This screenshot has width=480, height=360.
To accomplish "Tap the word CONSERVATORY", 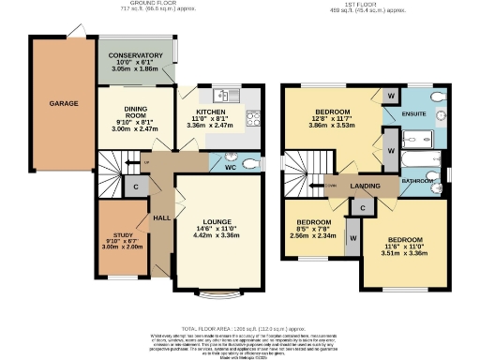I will point(137,55).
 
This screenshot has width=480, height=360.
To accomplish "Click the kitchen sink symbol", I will point(226,95).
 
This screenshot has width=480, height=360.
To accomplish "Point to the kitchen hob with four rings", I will point(252,117).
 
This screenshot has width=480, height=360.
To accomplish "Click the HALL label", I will point(162,217).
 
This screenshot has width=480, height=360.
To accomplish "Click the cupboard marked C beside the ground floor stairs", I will point(137,187).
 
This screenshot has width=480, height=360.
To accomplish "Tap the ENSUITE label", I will point(412,114).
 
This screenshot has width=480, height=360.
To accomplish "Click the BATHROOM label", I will point(417,178).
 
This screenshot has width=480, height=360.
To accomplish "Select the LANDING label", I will point(365,187).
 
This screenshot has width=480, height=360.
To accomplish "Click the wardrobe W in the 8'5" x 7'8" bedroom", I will point(352,239).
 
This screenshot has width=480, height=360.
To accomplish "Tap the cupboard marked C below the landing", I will point(362,204).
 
